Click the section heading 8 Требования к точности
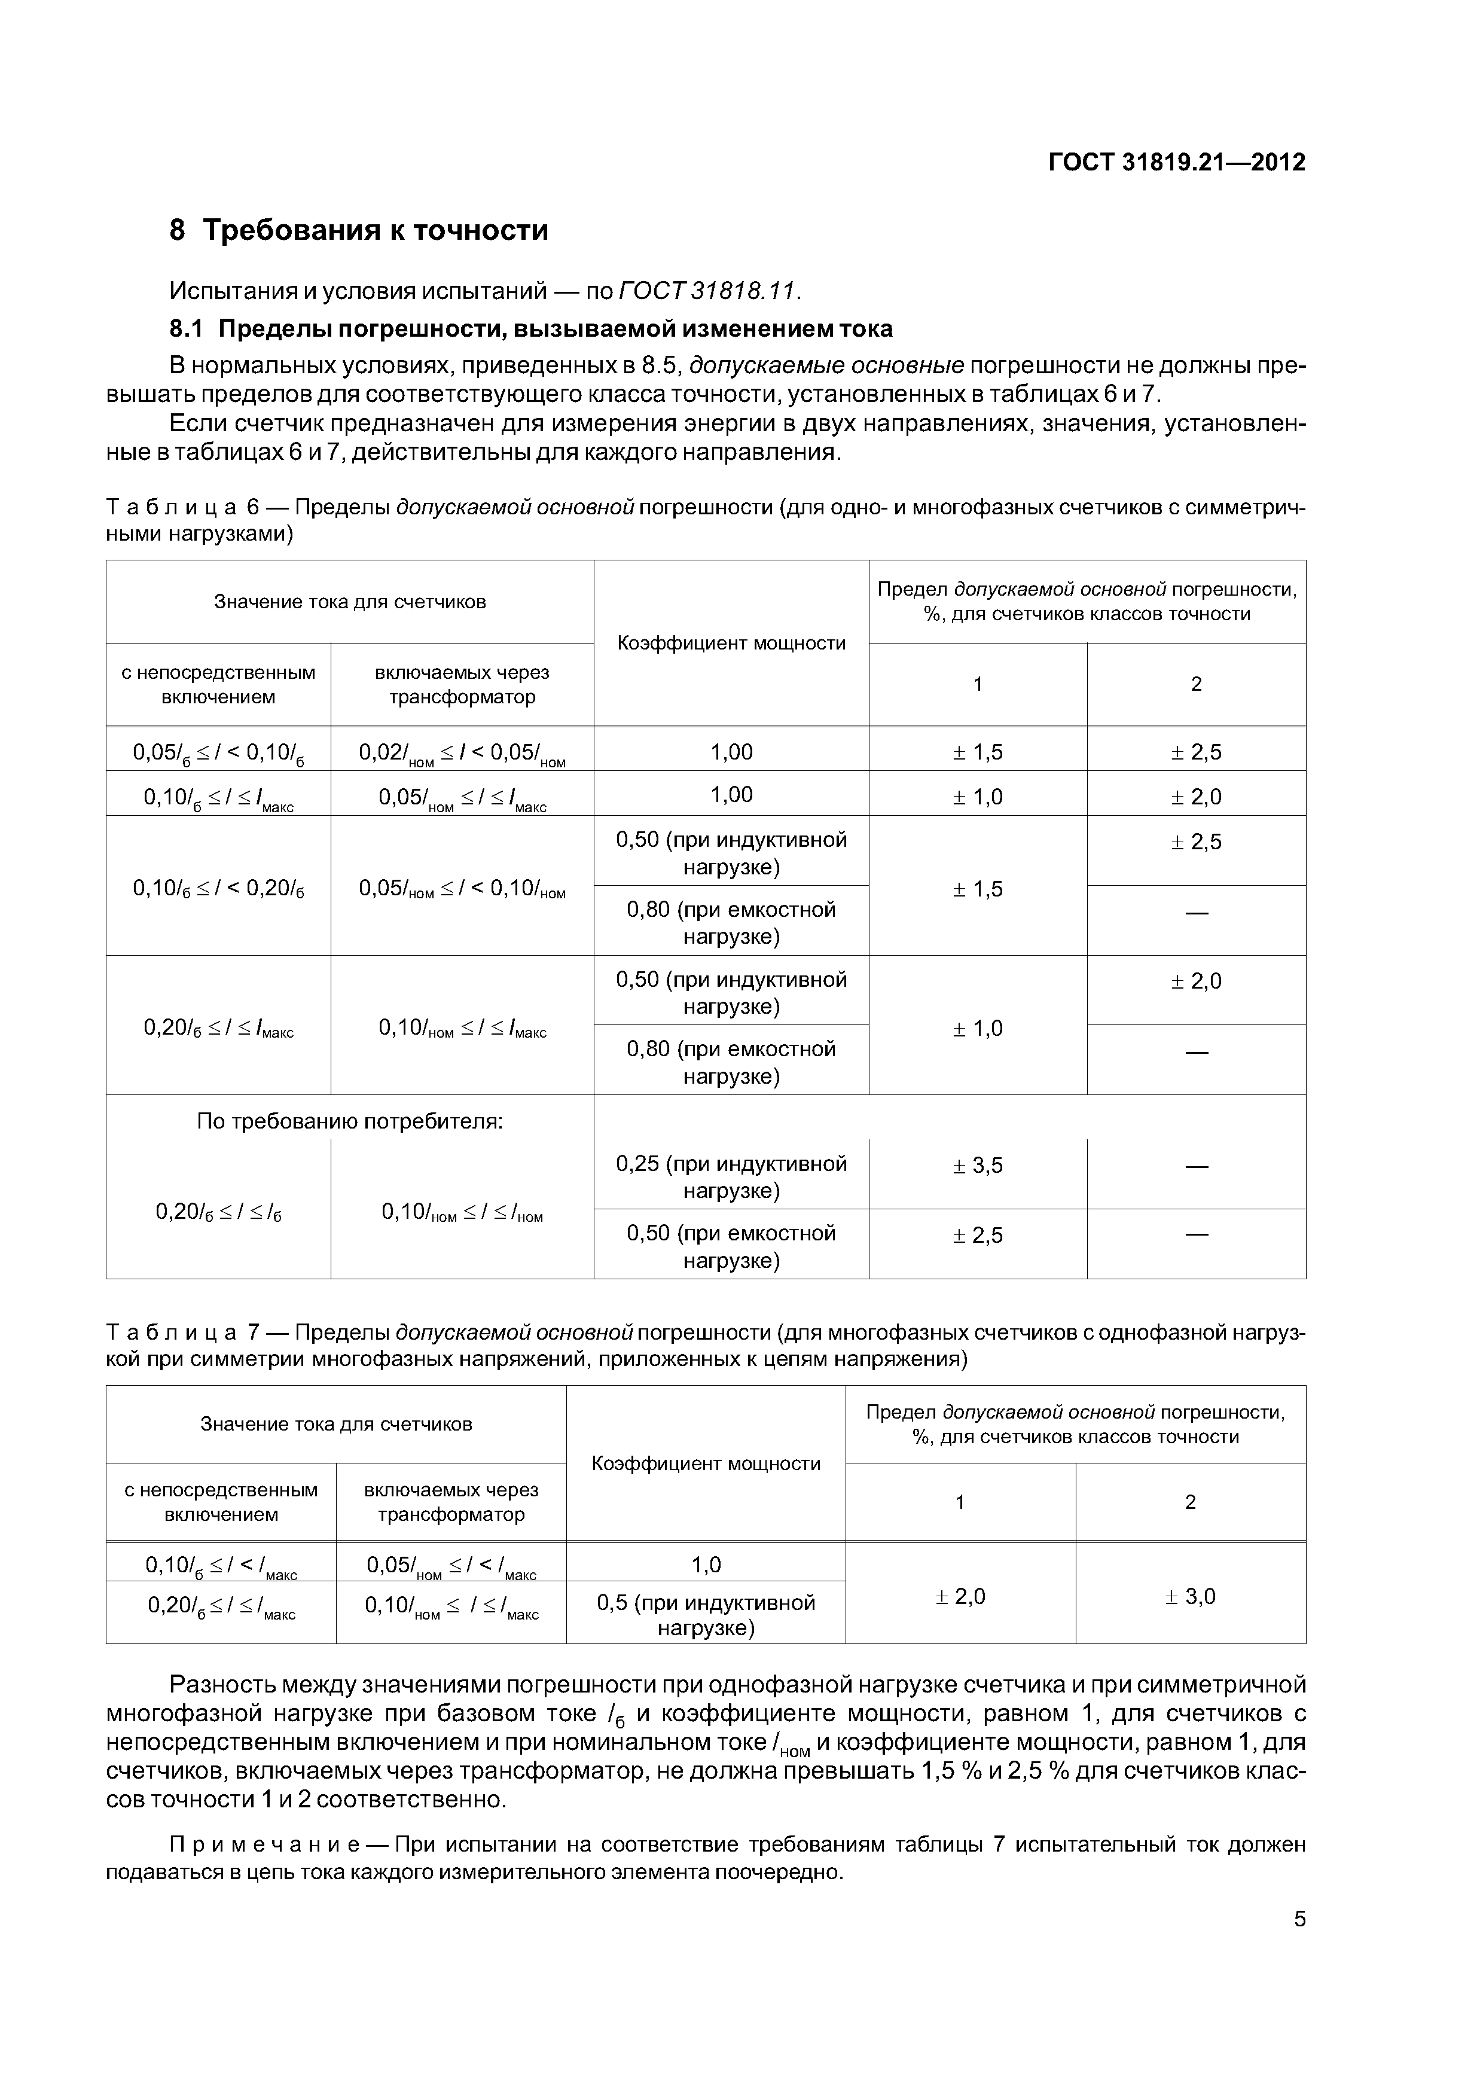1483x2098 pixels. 359,229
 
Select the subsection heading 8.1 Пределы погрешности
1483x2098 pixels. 531,328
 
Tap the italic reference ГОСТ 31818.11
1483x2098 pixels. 708,291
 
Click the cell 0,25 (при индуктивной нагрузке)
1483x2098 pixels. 731,1177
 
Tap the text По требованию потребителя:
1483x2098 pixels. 350,1121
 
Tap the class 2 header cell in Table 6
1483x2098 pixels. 1195,684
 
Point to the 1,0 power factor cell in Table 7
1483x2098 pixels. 706,1565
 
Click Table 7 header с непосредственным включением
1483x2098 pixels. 221,1502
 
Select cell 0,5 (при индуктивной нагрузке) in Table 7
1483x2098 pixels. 706,1615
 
